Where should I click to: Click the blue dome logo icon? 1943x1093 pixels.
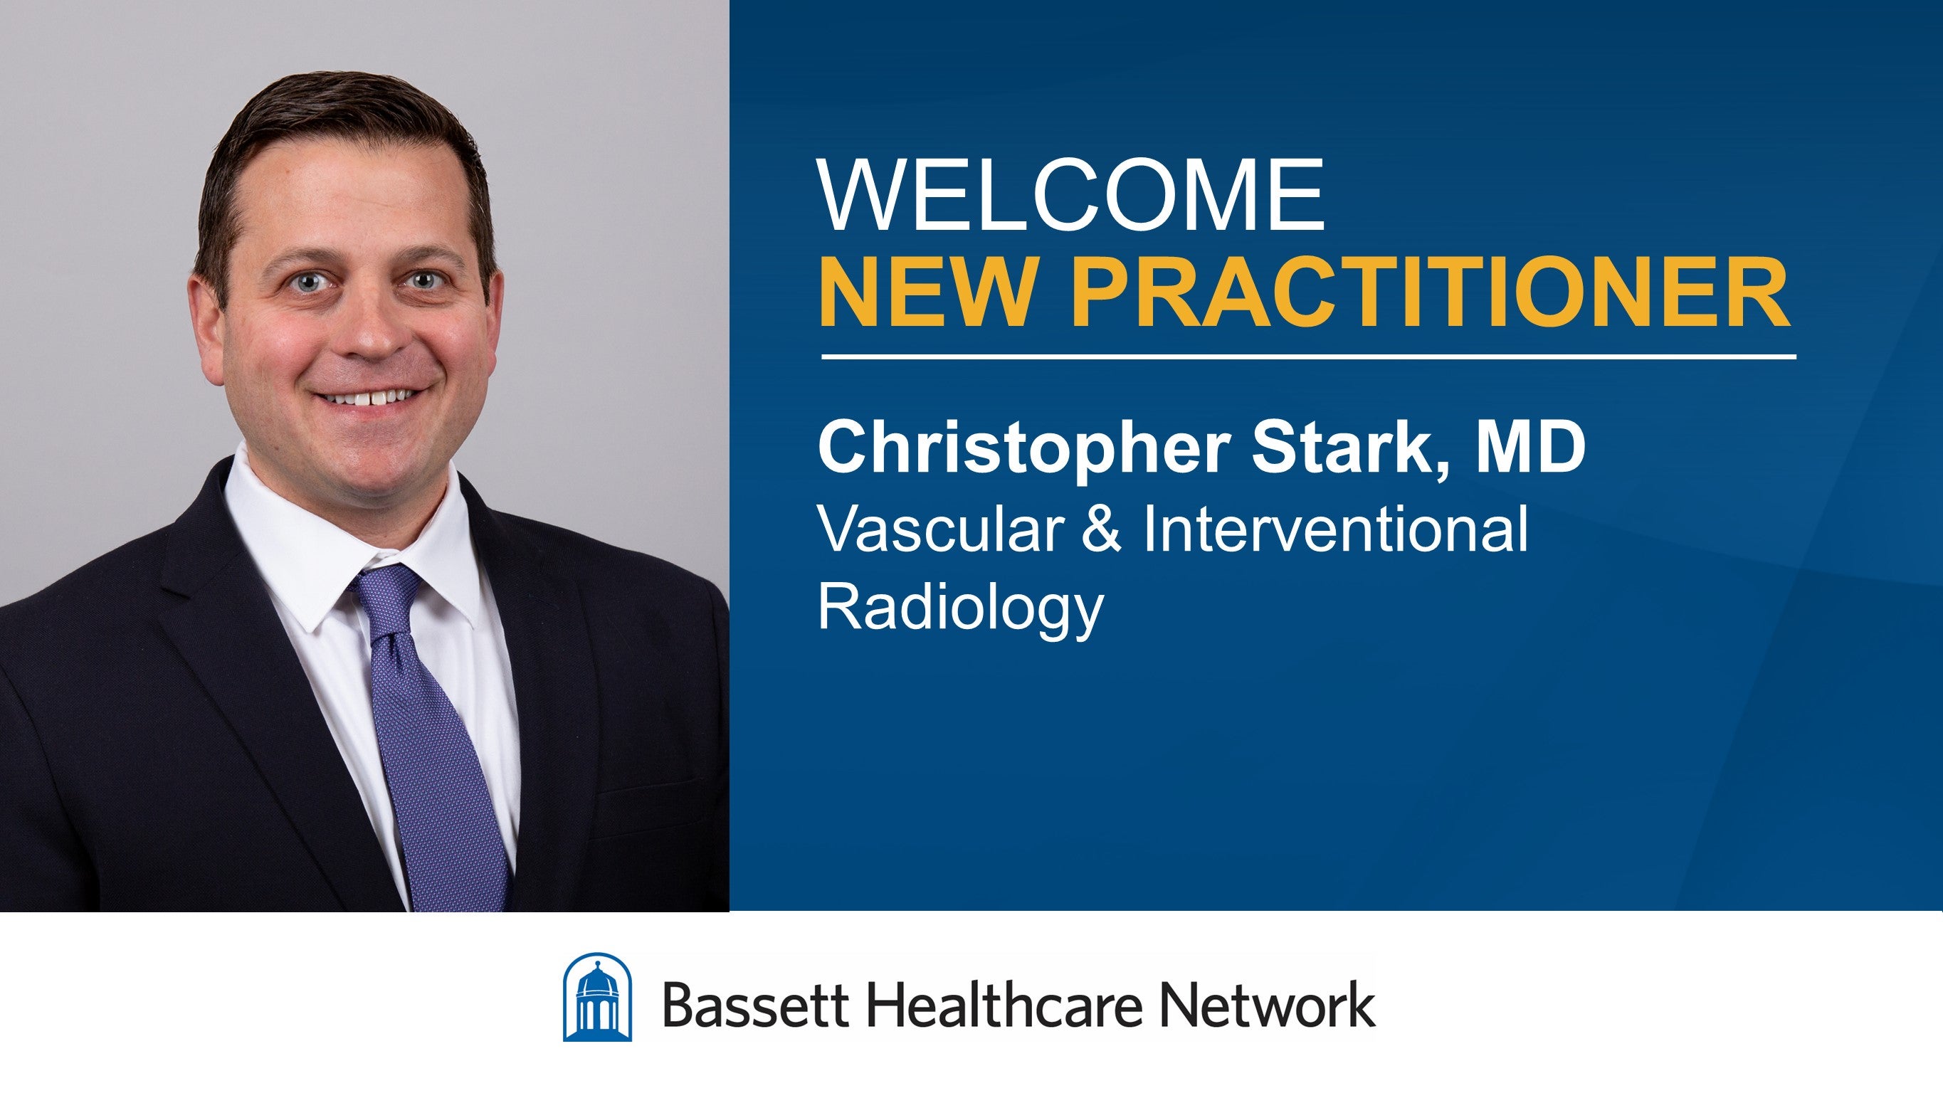coord(597,997)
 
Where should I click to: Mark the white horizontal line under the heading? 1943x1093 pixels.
coord(1309,356)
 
